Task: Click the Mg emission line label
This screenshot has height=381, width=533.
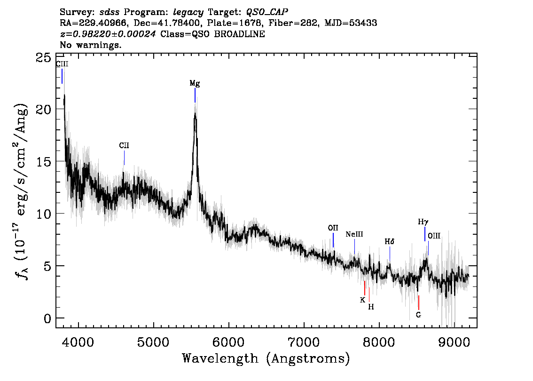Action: point(195,83)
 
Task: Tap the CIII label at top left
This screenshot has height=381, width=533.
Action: point(62,64)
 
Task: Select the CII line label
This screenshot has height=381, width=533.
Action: point(124,146)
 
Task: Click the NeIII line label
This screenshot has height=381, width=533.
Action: point(354,234)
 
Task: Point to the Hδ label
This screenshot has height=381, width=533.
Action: point(390,241)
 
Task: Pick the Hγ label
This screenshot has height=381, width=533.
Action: point(423,222)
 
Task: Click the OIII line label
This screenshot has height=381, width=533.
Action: point(434,236)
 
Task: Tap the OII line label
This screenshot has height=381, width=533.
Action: point(333,228)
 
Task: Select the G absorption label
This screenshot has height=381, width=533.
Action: point(418,315)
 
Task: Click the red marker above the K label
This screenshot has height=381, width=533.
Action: point(365,288)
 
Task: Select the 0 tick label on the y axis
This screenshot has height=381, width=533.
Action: point(47,318)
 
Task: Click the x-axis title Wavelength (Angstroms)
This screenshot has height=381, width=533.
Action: point(266,359)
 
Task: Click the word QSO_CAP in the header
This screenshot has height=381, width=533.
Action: point(266,11)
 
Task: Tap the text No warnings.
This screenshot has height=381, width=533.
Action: point(91,45)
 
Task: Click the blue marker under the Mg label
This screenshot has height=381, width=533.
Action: point(195,95)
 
